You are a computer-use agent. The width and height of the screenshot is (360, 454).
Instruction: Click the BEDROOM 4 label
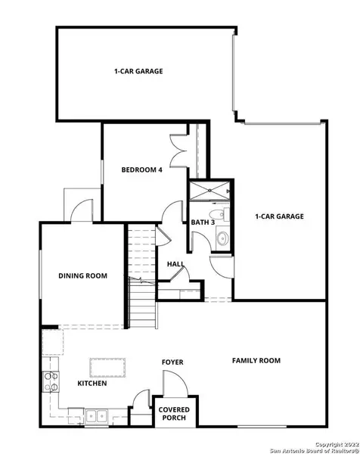142,170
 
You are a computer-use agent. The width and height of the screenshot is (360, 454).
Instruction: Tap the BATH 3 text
203,222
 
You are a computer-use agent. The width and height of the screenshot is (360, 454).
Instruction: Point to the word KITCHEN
91,384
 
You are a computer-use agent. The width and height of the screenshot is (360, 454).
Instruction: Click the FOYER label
173,362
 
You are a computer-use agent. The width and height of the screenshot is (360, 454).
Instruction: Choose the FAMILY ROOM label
256,361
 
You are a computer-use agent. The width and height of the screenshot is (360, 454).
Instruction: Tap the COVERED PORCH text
174,414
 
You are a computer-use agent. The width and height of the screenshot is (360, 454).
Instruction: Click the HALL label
175,264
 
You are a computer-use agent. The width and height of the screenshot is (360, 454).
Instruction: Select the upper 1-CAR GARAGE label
138,72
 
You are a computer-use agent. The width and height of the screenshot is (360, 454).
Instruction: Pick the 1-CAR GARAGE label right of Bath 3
279,216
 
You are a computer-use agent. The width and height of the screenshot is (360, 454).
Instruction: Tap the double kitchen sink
96,415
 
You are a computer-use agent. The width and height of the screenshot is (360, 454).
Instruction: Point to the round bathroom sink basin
222,241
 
